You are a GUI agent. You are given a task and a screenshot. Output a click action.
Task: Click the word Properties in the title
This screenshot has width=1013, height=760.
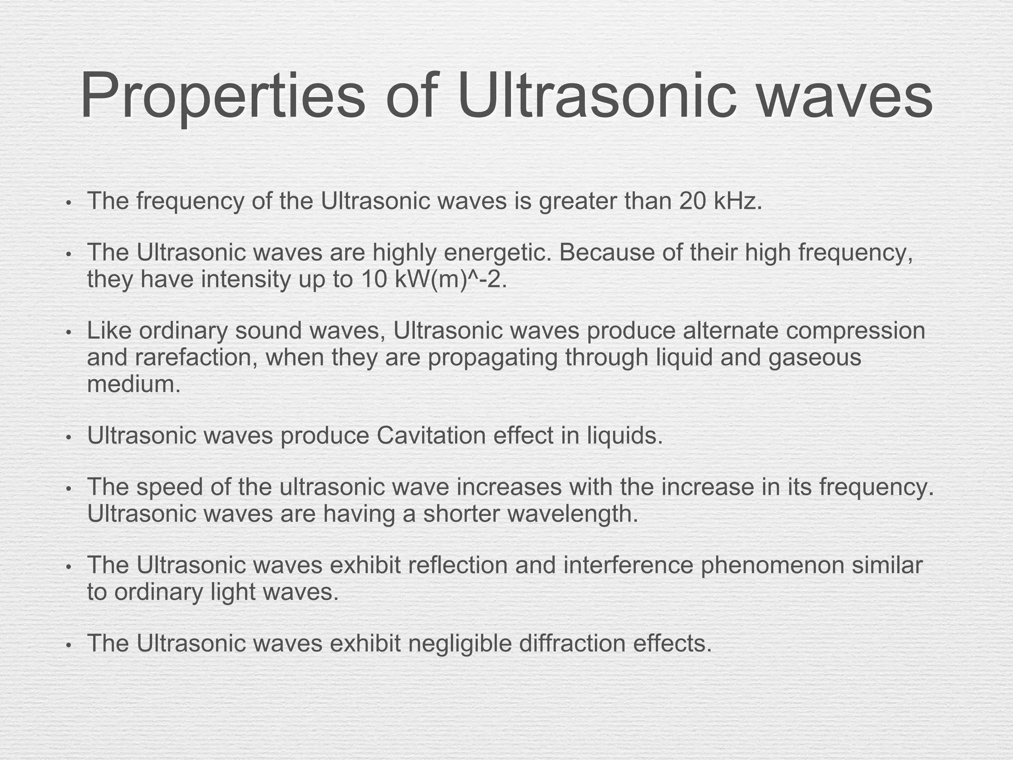coord(223,96)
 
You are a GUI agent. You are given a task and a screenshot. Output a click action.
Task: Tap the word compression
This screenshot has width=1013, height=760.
coord(855,331)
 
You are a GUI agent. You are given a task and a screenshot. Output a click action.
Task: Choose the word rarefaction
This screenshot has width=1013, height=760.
coord(195,357)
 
